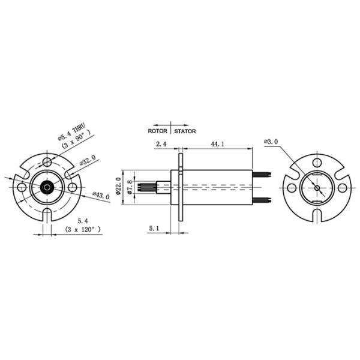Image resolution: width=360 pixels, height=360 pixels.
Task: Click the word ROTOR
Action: pyautogui.click(x=157, y=131)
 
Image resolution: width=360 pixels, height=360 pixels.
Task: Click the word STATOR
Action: pyautogui.click(x=185, y=131)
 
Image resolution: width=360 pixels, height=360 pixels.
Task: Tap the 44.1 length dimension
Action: pyautogui.click(x=217, y=144)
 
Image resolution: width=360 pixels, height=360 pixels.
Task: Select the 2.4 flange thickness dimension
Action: pyautogui.click(x=161, y=144)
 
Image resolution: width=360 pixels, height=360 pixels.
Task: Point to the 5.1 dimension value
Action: pyautogui.click(x=154, y=228)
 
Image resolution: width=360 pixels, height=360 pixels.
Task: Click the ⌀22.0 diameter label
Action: pyautogui.click(x=118, y=186)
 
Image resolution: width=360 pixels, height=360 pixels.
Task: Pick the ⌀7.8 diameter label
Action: pyautogui.click(x=130, y=187)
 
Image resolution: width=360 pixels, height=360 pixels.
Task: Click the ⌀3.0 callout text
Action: pyautogui.click(x=271, y=142)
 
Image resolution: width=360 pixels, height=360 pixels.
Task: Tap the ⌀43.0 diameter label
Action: pyautogui.click(x=101, y=196)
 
